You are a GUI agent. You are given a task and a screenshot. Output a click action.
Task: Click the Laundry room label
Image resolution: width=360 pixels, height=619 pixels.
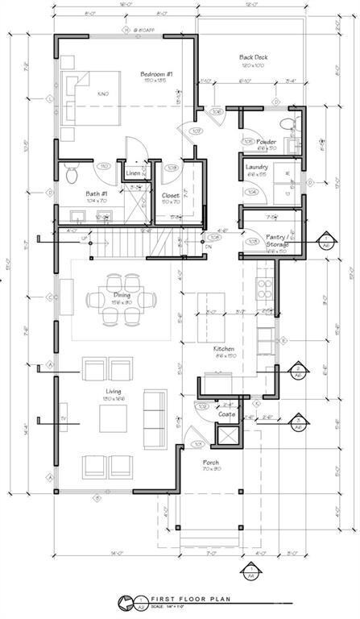pyautogui.click(x=256, y=167)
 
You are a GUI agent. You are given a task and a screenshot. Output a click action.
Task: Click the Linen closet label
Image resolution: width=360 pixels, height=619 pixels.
pyautogui.click(x=133, y=173)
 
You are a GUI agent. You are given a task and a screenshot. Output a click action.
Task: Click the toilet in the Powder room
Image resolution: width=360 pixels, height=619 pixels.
pyautogui.click(x=288, y=125)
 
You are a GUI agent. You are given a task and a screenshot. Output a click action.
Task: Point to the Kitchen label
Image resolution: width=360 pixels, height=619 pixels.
pyautogui.click(x=223, y=349)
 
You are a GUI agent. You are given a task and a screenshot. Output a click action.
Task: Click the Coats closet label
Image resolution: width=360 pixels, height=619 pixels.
pyautogui.click(x=227, y=414)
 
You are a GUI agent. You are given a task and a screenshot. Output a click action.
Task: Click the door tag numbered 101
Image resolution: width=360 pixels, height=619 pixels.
pyautogui.click(x=197, y=443)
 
